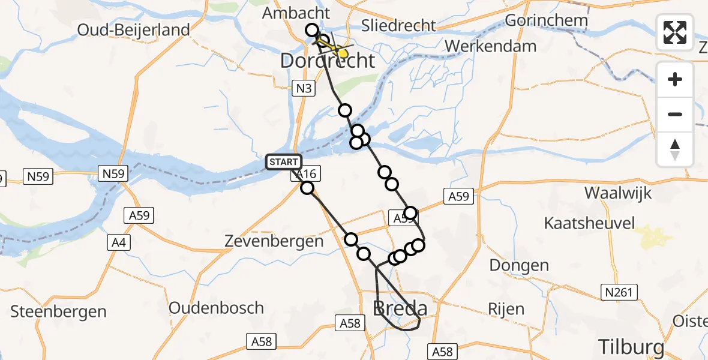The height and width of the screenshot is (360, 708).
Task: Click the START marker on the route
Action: click(283, 162)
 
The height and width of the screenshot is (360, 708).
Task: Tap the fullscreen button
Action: click(675, 32)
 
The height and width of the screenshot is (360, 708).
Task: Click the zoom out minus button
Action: click(675, 114)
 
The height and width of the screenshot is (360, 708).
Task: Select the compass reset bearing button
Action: click(675, 149)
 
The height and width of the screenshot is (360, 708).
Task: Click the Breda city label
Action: click(400, 308)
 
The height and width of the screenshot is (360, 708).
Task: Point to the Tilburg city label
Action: click(631, 347)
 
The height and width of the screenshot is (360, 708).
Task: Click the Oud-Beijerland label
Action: click(133, 29)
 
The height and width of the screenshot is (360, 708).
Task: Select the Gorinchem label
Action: click(546, 20)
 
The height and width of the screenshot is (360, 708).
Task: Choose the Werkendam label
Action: click(491, 46)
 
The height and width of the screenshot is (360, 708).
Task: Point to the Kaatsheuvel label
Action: click(589, 224)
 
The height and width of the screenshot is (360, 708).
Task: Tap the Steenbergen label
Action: click(58, 311)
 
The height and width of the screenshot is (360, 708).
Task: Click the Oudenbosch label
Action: click(216, 308)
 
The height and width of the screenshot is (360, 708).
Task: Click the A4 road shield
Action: click(118, 242)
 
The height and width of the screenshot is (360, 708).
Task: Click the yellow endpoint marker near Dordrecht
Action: click(343, 54)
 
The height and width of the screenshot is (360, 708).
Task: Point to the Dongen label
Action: click(519, 265)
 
